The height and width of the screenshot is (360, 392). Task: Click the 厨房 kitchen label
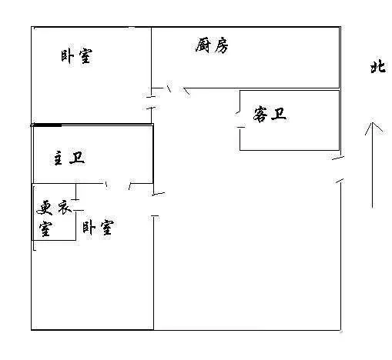pyautogui.click(x=212, y=46)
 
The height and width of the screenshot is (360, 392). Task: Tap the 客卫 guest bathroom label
pyautogui.click(x=270, y=115)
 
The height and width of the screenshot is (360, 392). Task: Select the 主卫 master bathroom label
pyautogui.click(x=69, y=158)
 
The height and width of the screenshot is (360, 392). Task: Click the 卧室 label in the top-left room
pyautogui.click(x=76, y=56)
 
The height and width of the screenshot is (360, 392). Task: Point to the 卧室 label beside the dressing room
pyautogui.click(x=98, y=228)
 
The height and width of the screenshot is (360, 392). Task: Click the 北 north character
pyautogui.click(x=378, y=67)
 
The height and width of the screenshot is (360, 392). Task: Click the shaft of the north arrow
pyautogui.click(x=373, y=165)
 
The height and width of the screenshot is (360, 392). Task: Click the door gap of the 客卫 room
pyautogui.click(x=240, y=119)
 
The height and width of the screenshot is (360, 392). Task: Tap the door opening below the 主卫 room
pyautogui.click(x=118, y=184)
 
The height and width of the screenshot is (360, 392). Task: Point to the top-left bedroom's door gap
pyautogui.click(x=152, y=102)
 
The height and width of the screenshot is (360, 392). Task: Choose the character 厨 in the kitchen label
pyautogui.click(x=203, y=45)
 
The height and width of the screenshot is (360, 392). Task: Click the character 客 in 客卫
pyautogui.click(x=260, y=115)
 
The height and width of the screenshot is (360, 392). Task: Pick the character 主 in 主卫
pyautogui.click(x=59, y=158)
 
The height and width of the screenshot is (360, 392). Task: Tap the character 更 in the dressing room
pyautogui.click(x=45, y=208)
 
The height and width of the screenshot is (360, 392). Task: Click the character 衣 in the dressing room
pyautogui.click(x=65, y=208)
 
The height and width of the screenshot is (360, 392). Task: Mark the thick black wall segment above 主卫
pyautogui.click(x=47, y=125)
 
